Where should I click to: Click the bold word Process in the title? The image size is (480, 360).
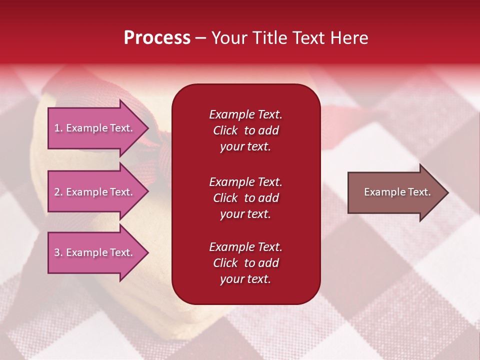click(x=157, y=38)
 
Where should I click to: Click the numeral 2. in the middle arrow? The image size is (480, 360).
click(x=58, y=192)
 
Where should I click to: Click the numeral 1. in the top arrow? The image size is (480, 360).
click(x=58, y=128)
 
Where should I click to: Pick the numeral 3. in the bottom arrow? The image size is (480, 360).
click(x=58, y=252)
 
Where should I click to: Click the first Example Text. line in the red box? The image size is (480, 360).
click(x=245, y=114)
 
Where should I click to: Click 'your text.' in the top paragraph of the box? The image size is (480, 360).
click(x=245, y=146)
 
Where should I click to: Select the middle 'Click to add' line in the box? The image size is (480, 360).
click(x=245, y=198)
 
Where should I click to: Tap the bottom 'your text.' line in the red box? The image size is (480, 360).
click(x=245, y=279)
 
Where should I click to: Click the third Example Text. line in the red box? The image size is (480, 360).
click(x=245, y=247)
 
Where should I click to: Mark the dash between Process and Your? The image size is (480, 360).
click(x=200, y=38)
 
